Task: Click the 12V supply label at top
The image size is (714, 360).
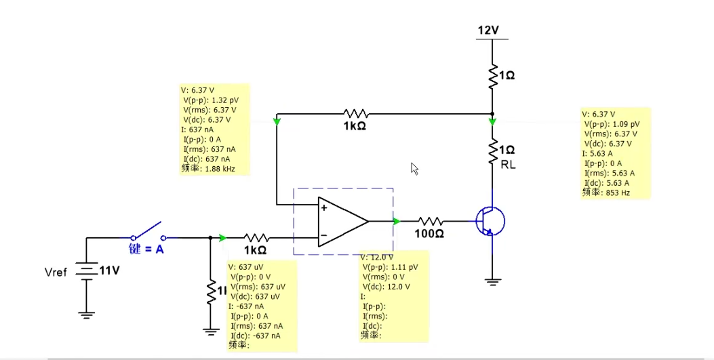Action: point(489,31)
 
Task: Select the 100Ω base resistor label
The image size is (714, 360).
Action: point(429,234)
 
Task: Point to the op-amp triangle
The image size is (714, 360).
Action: point(342,220)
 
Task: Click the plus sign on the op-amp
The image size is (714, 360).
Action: point(324,208)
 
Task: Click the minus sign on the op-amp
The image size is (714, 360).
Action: point(324,235)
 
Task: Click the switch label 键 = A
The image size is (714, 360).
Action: point(146,249)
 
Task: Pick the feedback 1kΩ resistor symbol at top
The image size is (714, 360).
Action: point(355,113)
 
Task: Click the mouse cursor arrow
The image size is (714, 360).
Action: point(415,168)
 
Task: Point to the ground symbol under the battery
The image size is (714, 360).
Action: point(86,313)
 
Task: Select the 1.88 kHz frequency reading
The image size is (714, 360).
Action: point(220,169)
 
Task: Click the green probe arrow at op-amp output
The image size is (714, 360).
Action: point(396,220)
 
